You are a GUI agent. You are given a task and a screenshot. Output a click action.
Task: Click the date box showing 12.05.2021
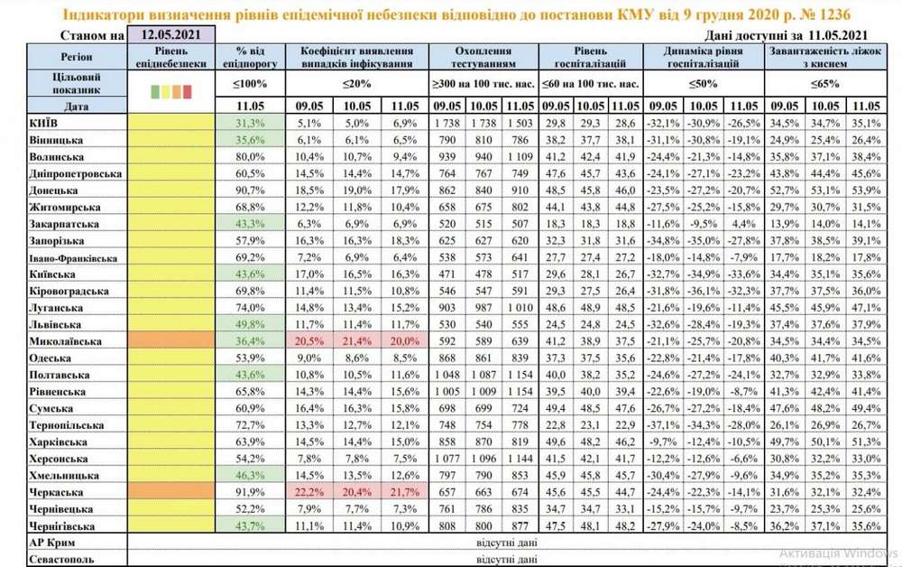click(x=171, y=36)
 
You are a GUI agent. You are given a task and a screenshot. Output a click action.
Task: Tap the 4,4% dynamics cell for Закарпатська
click(x=743, y=224)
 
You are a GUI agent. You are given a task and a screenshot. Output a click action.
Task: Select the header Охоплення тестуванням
click(x=483, y=59)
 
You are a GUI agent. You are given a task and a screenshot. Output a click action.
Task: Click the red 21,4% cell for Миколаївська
click(x=356, y=341)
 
